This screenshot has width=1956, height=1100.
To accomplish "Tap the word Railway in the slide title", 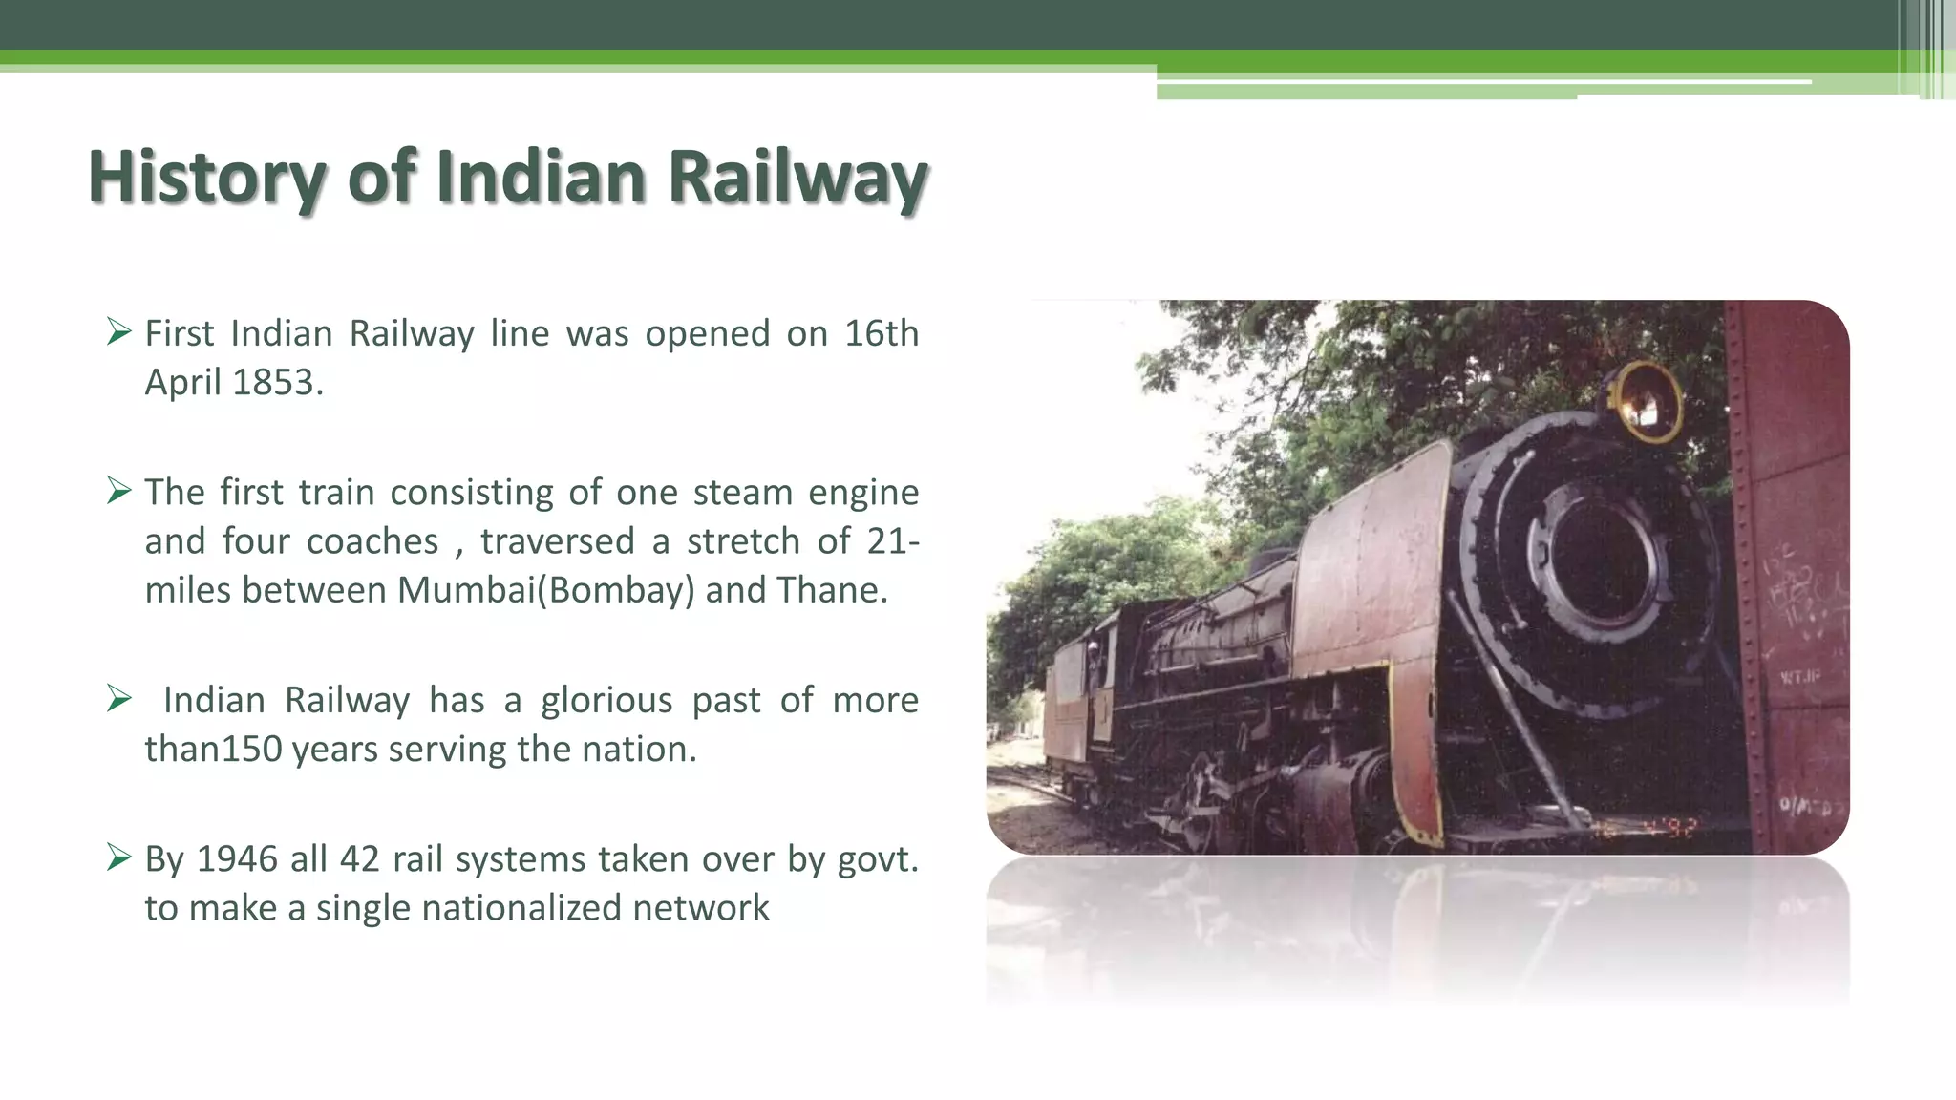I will tap(797, 179).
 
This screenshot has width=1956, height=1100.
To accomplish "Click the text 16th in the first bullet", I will tap(882, 333).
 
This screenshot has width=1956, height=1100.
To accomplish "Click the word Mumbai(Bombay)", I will tap(546, 590).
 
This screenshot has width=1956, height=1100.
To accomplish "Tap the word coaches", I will tap(372, 541).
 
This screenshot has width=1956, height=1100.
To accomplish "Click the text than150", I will tap(213, 749).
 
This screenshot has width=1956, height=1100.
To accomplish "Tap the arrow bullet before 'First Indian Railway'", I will tap(118, 332).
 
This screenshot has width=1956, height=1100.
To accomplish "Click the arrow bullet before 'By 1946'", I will tap(118, 857).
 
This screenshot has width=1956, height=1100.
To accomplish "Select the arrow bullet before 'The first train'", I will tap(118, 491).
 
